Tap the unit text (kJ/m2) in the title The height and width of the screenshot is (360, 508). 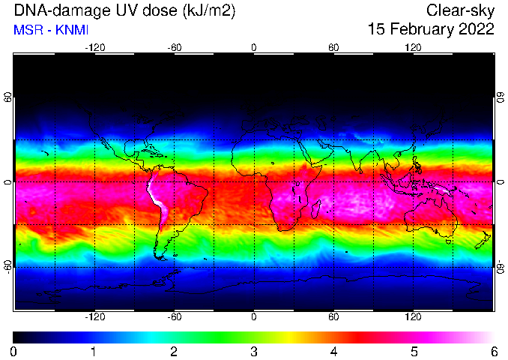pos(209,11)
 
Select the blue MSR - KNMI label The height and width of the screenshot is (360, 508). pos(51,30)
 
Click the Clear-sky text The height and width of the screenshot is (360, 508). pos(460,11)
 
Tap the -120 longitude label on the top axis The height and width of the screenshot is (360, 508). pos(95,48)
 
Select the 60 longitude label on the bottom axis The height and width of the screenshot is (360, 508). pos(333,316)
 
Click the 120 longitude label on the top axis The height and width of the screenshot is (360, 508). pos(413,48)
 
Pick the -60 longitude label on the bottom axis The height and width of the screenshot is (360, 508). pos(175,316)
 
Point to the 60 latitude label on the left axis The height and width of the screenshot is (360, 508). pos(7,97)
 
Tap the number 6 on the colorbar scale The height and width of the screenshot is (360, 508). pos(494,352)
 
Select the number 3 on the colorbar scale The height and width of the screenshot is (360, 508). pos(254,352)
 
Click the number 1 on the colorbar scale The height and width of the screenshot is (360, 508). pos(93,352)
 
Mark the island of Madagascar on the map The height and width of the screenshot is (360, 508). pos(316,208)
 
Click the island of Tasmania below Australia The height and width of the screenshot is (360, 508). pos(448,241)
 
